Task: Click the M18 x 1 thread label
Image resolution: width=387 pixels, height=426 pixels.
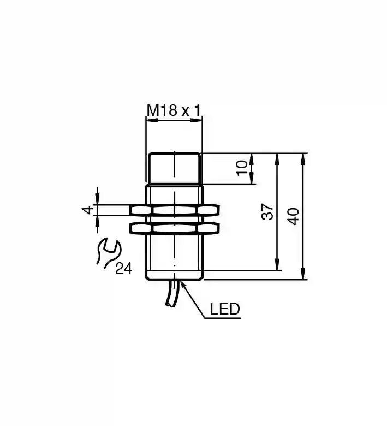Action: coord(174,110)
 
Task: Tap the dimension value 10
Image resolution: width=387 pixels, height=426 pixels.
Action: coord(241,168)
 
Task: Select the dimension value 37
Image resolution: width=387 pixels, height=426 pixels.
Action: coord(267,212)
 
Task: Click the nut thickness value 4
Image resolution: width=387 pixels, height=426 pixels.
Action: coord(87,210)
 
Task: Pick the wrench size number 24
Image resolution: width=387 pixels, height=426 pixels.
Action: coord(123,269)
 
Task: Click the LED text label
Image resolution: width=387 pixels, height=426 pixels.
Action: coord(225,309)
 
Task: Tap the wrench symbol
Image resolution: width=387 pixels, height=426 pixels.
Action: coord(108,253)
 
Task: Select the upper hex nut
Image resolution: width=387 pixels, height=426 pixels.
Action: coord(174,210)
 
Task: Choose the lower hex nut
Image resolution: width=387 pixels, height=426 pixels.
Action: coord(174,228)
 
